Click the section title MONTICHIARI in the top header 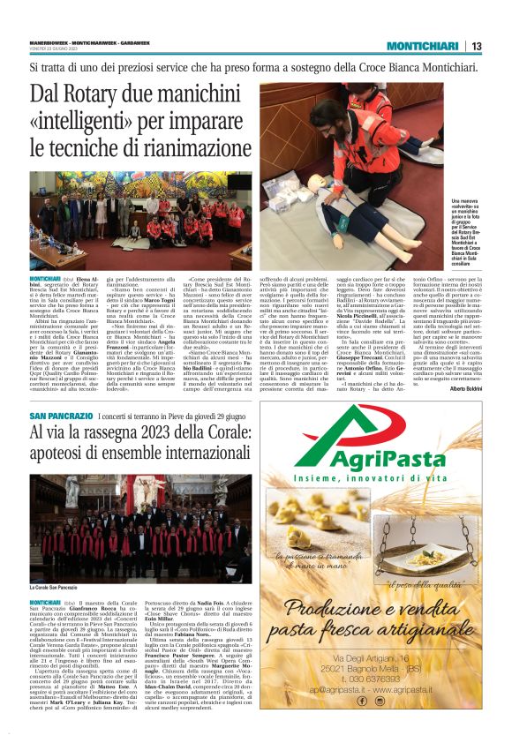coord(423,47)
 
